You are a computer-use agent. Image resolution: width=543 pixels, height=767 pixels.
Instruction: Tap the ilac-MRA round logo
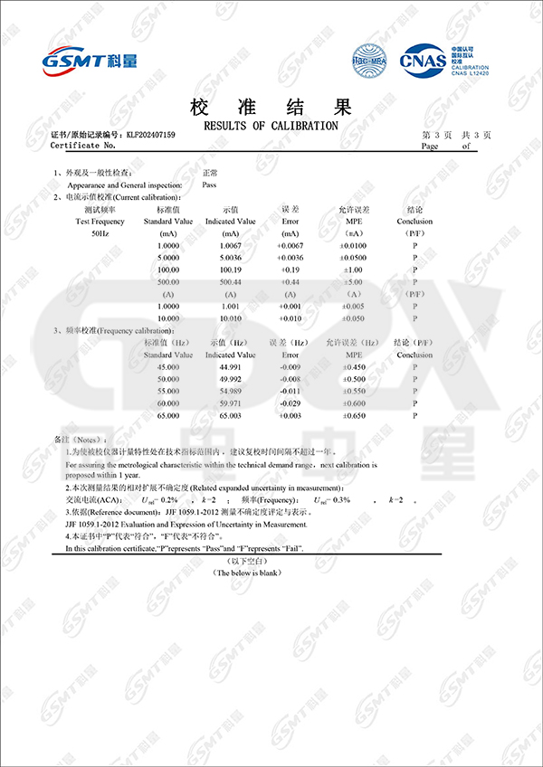point(368,61)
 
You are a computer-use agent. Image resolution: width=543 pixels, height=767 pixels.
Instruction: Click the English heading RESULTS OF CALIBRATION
point(271,125)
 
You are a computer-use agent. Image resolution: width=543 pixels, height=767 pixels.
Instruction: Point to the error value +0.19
point(290,270)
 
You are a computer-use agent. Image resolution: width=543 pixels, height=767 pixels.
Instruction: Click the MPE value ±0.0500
point(354,258)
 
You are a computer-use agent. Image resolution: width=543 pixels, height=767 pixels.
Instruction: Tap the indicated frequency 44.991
point(231,367)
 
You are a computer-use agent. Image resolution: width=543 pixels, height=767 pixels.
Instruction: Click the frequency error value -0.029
point(290,402)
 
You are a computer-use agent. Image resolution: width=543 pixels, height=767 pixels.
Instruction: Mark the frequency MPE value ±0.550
point(354,391)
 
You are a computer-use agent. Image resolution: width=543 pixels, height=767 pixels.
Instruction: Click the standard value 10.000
point(168,318)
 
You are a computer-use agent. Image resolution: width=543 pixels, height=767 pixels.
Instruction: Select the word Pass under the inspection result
point(208,185)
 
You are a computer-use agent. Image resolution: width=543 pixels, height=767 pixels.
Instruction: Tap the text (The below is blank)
point(247,572)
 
